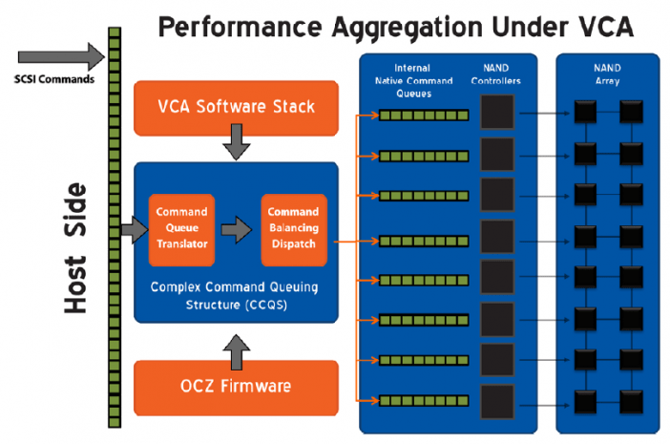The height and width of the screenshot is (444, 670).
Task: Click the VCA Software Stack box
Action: pyautogui.click(x=237, y=108)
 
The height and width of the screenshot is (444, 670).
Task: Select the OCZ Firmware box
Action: pyautogui.click(x=237, y=388)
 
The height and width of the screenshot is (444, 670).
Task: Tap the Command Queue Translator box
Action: pyautogui.click(x=181, y=230)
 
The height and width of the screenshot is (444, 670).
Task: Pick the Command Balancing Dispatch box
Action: pyautogui.click(x=294, y=230)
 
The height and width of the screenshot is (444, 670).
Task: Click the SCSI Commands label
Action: pyautogui.click(x=54, y=79)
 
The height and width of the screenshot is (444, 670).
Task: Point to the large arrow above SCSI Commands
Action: pyautogui.click(x=61, y=56)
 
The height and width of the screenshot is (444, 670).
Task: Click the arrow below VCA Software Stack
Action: pyautogui.click(x=237, y=142)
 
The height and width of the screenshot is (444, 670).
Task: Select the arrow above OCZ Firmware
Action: pyautogui.click(x=237, y=352)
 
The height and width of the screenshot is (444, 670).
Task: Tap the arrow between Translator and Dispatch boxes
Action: pyautogui.click(x=237, y=230)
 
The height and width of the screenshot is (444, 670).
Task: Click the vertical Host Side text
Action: pyautogui.click(x=75, y=248)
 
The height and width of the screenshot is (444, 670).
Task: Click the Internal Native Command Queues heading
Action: pyautogui.click(x=413, y=81)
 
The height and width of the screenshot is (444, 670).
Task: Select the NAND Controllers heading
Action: pyautogui.click(x=495, y=74)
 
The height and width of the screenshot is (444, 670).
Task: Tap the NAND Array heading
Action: pyautogui.click(x=607, y=74)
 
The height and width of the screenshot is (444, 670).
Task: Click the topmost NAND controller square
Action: pyautogui.click(x=497, y=112)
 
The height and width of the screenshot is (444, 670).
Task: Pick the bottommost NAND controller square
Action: pyautogui.click(x=497, y=402)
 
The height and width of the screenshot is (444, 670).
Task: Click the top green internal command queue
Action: pyautogui.click(x=424, y=115)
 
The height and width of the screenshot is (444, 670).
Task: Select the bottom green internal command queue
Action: pyautogui.click(x=424, y=401)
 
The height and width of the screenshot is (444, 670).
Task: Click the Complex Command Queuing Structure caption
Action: pyautogui.click(x=235, y=296)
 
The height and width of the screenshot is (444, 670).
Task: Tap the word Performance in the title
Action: pyautogui.click(x=240, y=28)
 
